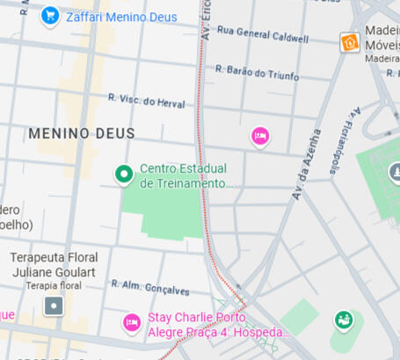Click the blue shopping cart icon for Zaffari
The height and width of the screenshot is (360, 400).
49,16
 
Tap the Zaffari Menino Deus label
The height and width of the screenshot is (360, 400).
121,17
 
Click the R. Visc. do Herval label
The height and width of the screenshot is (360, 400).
147,102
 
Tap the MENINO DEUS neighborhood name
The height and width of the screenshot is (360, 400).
82,134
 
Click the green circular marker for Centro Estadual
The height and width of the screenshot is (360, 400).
125,175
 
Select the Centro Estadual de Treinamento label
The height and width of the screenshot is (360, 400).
184,176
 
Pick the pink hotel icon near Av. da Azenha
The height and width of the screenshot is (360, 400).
259,136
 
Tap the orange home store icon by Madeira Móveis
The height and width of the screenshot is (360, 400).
350,41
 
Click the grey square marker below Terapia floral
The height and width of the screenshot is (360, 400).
55,306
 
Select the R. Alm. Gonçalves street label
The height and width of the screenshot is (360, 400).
149,288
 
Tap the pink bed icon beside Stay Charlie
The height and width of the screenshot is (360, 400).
132,323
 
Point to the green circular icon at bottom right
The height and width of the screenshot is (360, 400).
343,320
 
